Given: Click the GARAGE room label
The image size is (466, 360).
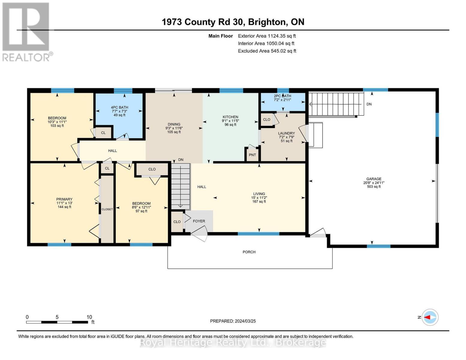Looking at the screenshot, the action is (x=374, y=179).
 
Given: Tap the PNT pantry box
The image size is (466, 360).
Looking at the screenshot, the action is (x=252, y=154).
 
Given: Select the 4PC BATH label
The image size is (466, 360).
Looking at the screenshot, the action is (x=119, y=107).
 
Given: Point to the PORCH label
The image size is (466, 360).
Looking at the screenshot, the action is (x=249, y=252).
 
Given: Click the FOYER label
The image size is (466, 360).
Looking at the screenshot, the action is (x=199, y=221).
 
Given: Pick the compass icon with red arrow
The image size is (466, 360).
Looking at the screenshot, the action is (x=430, y=317).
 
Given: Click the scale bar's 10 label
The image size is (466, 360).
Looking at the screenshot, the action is (x=89, y=317).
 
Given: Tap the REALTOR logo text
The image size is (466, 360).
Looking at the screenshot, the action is (x=26, y=57).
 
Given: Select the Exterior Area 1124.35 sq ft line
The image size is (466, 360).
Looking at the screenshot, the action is (x=267, y=36).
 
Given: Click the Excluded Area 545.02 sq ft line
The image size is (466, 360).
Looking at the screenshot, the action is (x=267, y=51).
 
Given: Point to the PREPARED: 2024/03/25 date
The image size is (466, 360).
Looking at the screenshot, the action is (x=233, y=321).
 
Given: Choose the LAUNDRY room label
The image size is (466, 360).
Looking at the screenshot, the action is (x=287, y=133).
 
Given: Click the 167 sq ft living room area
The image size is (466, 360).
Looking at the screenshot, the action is (x=259, y=202).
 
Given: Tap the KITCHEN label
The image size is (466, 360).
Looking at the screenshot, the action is (x=230, y=117).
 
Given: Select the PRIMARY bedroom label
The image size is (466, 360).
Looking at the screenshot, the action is (x=64, y=199).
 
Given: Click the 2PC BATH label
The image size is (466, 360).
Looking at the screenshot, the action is (x=282, y=96).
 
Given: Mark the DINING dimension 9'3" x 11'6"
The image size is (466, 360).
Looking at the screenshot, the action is (x=174, y=128).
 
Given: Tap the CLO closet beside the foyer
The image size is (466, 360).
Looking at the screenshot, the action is (x=177, y=222).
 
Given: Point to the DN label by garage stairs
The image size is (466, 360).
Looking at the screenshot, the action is (x=369, y=104).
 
